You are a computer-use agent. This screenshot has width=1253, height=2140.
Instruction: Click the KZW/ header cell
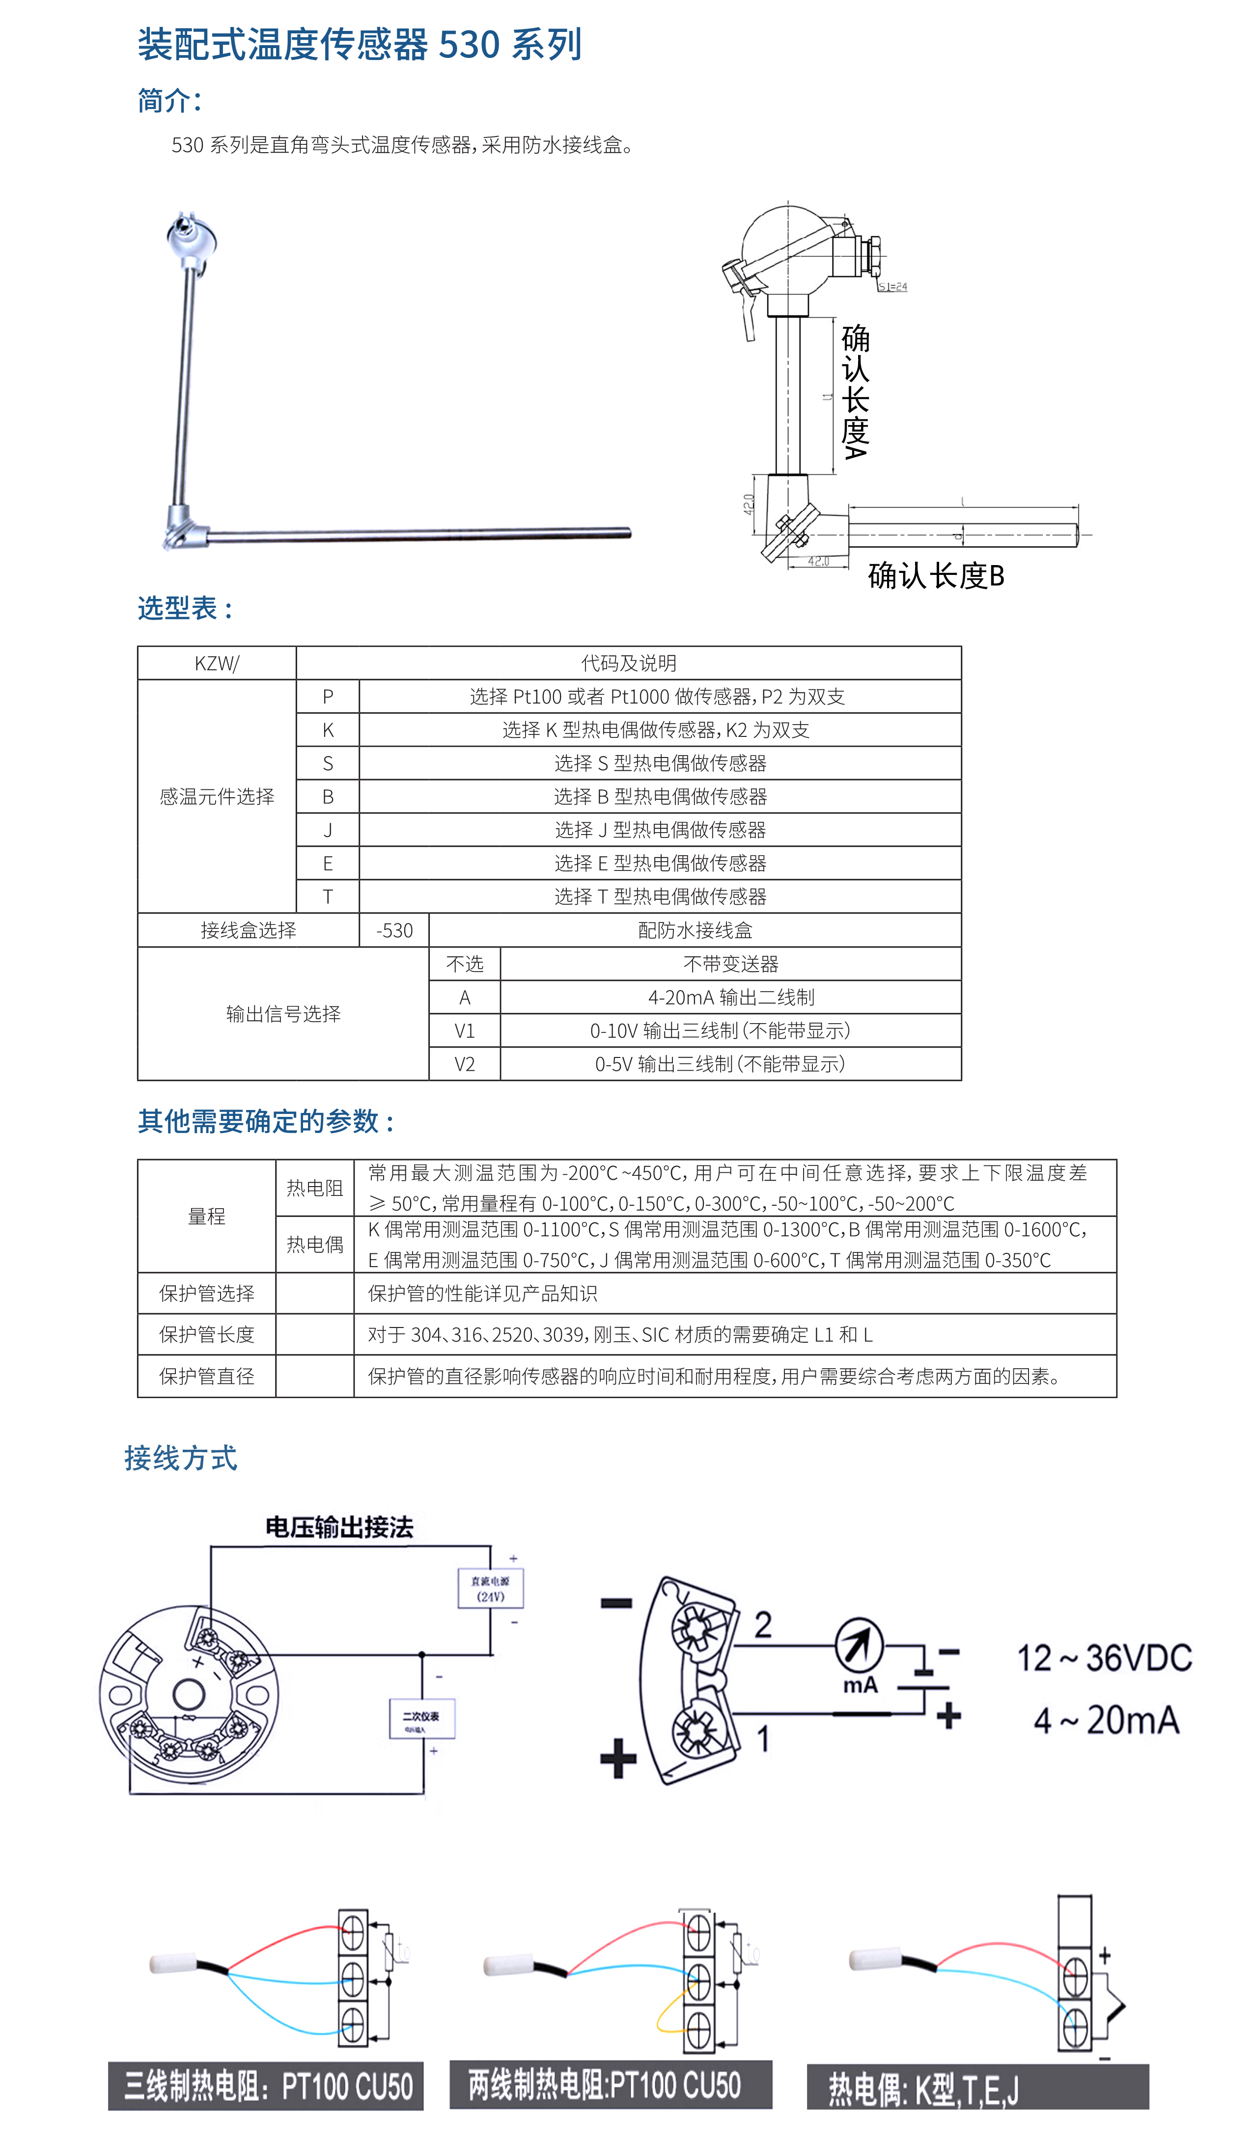[x=217, y=663]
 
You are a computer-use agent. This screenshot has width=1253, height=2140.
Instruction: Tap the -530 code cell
[x=394, y=931]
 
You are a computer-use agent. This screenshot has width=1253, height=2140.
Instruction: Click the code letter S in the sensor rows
[x=328, y=763]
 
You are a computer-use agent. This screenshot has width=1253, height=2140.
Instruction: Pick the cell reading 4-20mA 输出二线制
[x=730, y=997]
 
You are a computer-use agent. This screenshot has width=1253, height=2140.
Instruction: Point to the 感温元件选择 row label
[x=217, y=797]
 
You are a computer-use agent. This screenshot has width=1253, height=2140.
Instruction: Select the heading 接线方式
[x=181, y=1458]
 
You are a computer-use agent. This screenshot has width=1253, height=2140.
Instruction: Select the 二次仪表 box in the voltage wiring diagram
[x=421, y=1719]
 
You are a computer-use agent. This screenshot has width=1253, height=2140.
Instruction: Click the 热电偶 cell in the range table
[x=314, y=1245]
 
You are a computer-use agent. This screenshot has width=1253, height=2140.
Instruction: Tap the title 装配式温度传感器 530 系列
[x=360, y=44]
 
